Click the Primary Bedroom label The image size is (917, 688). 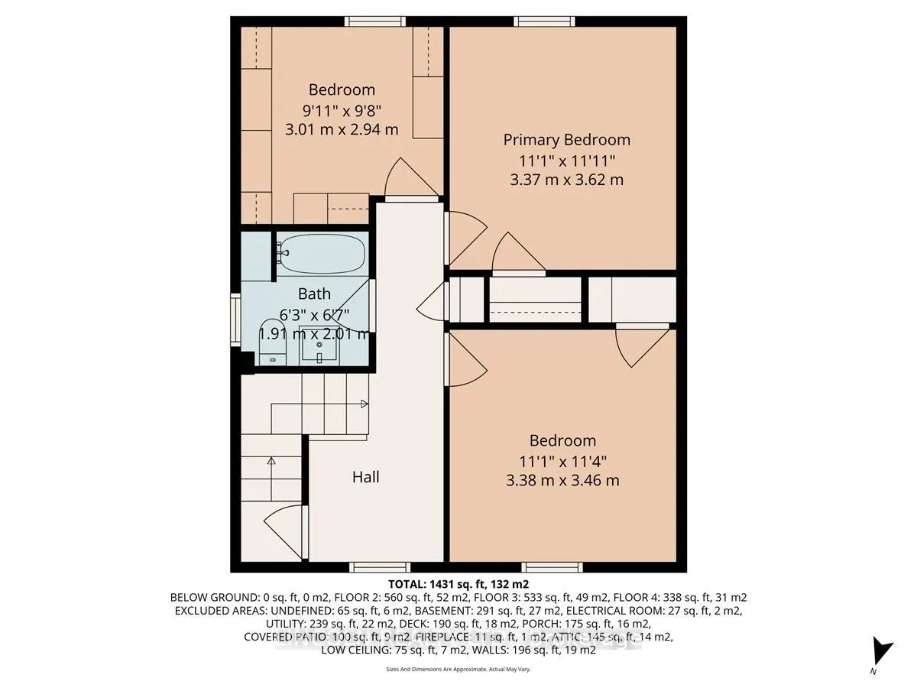[x=566, y=140]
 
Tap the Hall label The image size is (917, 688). [x=365, y=477]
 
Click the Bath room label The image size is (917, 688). [x=314, y=294]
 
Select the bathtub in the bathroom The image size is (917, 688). [x=322, y=254]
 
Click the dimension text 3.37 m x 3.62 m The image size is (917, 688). [x=566, y=180]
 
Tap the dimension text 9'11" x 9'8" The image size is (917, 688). [x=342, y=109]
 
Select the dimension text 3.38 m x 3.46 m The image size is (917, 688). [x=562, y=481]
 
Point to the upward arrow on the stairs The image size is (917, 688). [x=271, y=461]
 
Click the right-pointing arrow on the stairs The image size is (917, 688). [x=364, y=403]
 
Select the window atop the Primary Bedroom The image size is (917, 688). [x=544, y=21]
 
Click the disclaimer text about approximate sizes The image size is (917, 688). [x=458, y=669]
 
